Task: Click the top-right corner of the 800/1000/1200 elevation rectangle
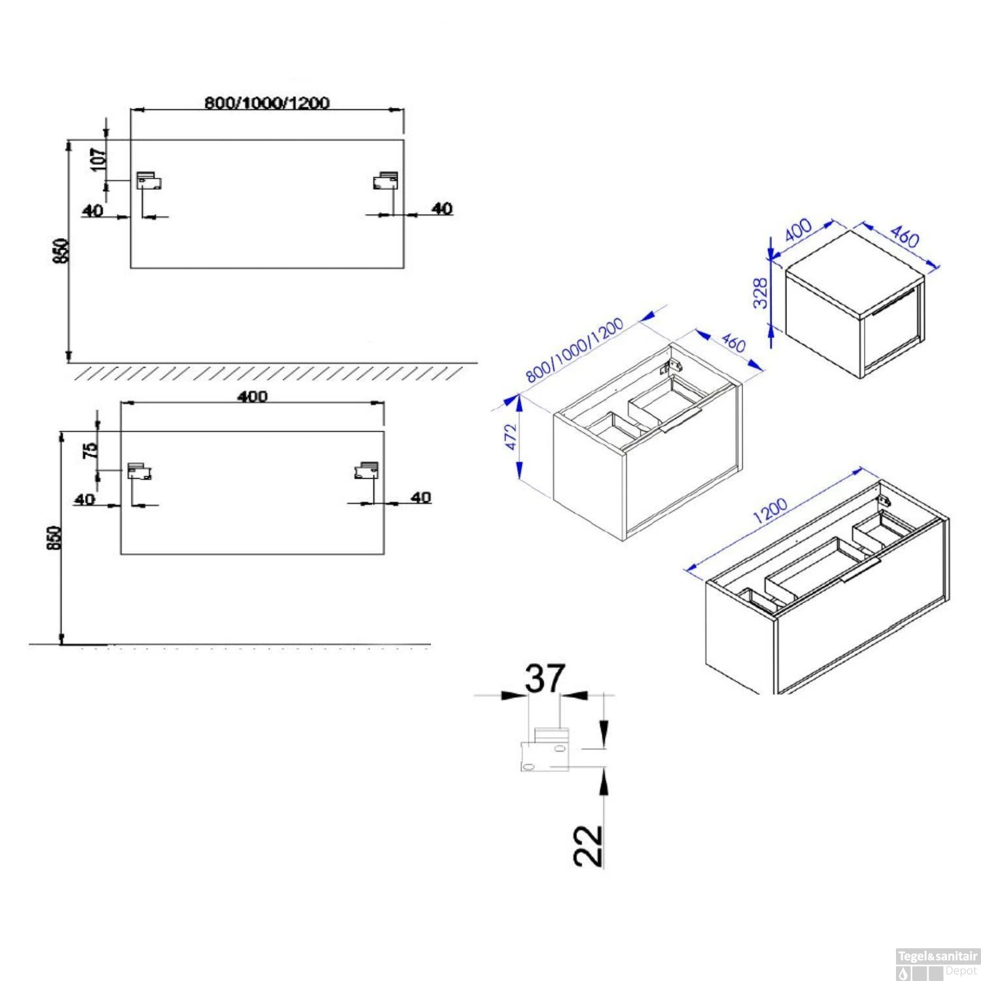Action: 404,139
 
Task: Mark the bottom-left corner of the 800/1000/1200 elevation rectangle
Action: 131,268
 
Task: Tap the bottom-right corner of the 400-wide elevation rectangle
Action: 385,555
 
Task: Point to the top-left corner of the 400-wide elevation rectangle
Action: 120,432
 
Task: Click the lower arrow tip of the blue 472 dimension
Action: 520,477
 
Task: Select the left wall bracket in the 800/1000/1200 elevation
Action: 148,181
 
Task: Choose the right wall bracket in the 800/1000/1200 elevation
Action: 385,181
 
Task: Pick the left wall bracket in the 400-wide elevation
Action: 139,471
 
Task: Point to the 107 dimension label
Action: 98,160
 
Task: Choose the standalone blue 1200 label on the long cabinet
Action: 770,511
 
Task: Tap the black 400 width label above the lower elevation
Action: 253,396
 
